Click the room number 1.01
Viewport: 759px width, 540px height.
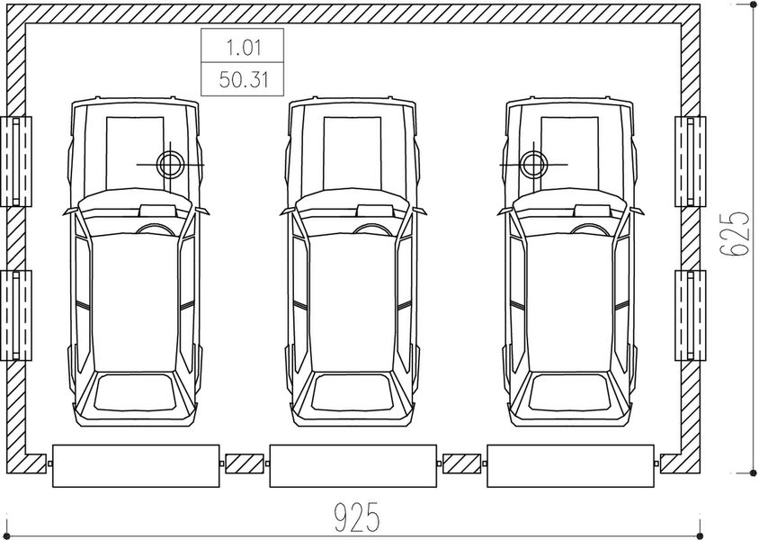pos(244,47)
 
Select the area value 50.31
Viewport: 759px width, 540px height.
pos(244,79)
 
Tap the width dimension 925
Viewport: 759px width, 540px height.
pos(357,517)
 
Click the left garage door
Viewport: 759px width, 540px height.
pos(136,466)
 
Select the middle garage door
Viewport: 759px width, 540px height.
pos(353,466)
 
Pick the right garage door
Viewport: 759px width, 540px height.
pos(570,466)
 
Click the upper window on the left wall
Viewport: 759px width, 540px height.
pos(16,162)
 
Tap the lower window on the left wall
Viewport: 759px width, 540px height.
pos(16,315)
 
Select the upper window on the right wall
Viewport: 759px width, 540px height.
pos(691,162)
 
